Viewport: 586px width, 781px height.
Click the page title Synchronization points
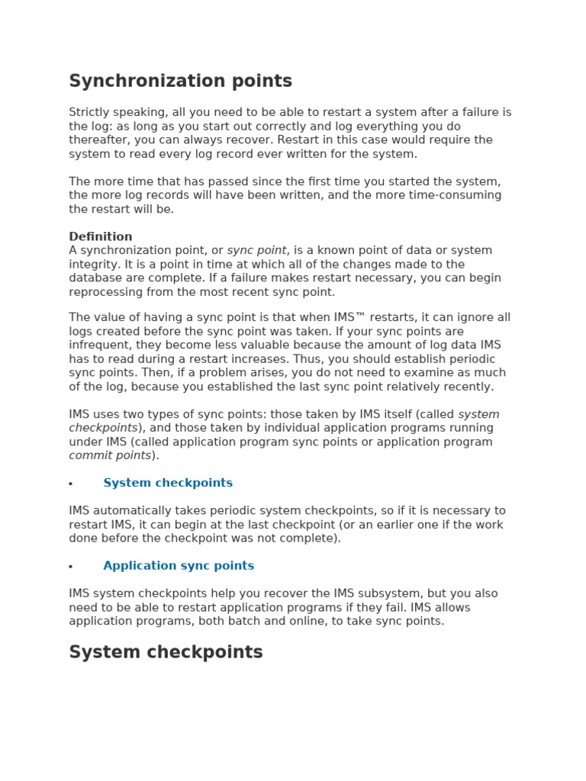coord(180,81)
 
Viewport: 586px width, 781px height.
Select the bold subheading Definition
coord(100,236)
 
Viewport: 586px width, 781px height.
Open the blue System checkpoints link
coord(168,483)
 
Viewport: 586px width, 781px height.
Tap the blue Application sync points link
coord(179,566)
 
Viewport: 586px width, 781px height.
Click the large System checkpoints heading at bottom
coord(166,652)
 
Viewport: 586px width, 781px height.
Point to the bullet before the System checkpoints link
coord(71,484)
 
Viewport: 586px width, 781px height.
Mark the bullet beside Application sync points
coord(71,567)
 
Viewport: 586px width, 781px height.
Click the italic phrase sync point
coord(256,250)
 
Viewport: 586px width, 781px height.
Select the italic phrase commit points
coord(110,455)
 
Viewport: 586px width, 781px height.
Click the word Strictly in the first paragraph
coord(89,112)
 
